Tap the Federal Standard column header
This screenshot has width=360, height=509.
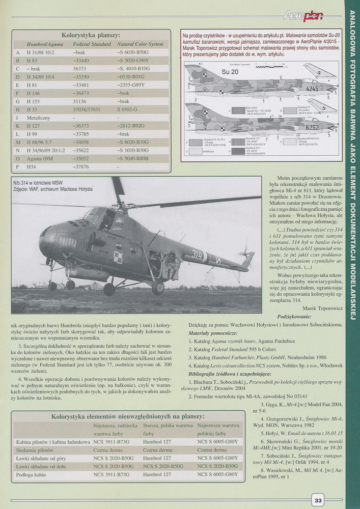click(92, 44)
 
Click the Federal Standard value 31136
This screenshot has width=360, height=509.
click(80, 101)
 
